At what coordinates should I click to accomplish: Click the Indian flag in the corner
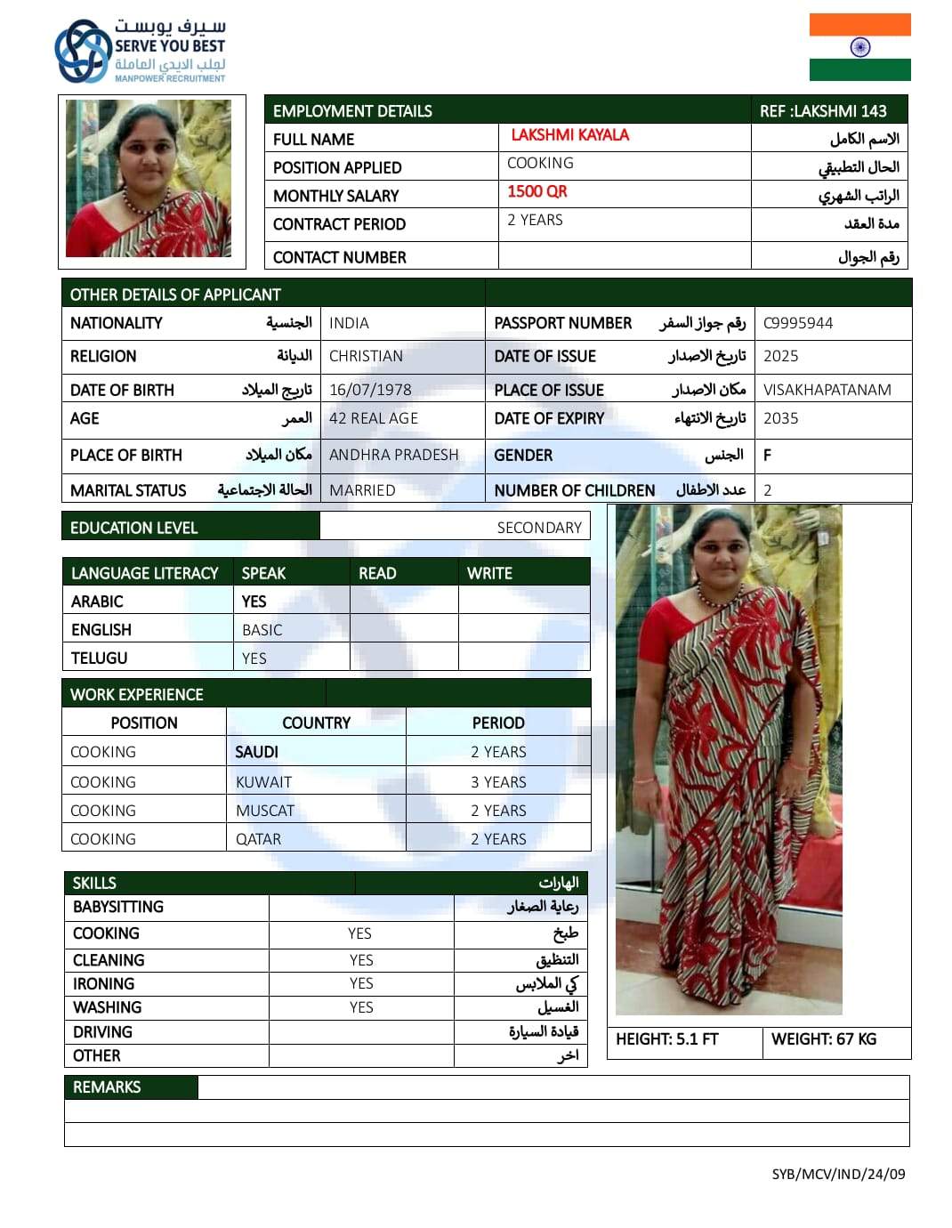(859, 47)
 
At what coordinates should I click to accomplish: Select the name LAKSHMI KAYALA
(569, 135)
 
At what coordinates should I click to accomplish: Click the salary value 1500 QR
(537, 191)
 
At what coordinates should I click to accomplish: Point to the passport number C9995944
(798, 323)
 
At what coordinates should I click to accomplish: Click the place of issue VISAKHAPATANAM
(827, 390)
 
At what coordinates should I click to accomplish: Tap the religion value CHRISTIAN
(366, 356)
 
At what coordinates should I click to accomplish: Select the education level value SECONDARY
(539, 528)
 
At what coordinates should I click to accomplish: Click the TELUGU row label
(100, 658)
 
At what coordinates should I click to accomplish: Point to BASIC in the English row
(262, 630)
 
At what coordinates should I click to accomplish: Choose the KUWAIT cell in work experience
(263, 782)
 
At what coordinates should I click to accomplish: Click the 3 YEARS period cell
(498, 782)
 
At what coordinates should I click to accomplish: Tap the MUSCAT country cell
(265, 811)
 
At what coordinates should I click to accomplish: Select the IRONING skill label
(104, 984)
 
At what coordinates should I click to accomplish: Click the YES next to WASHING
(361, 1007)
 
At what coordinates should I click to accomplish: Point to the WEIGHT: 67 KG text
(824, 1039)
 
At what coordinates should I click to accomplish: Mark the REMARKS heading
(107, 1087)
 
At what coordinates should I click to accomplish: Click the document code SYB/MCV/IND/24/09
(838, 1174)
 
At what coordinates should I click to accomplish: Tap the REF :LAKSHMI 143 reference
(823, 111)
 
